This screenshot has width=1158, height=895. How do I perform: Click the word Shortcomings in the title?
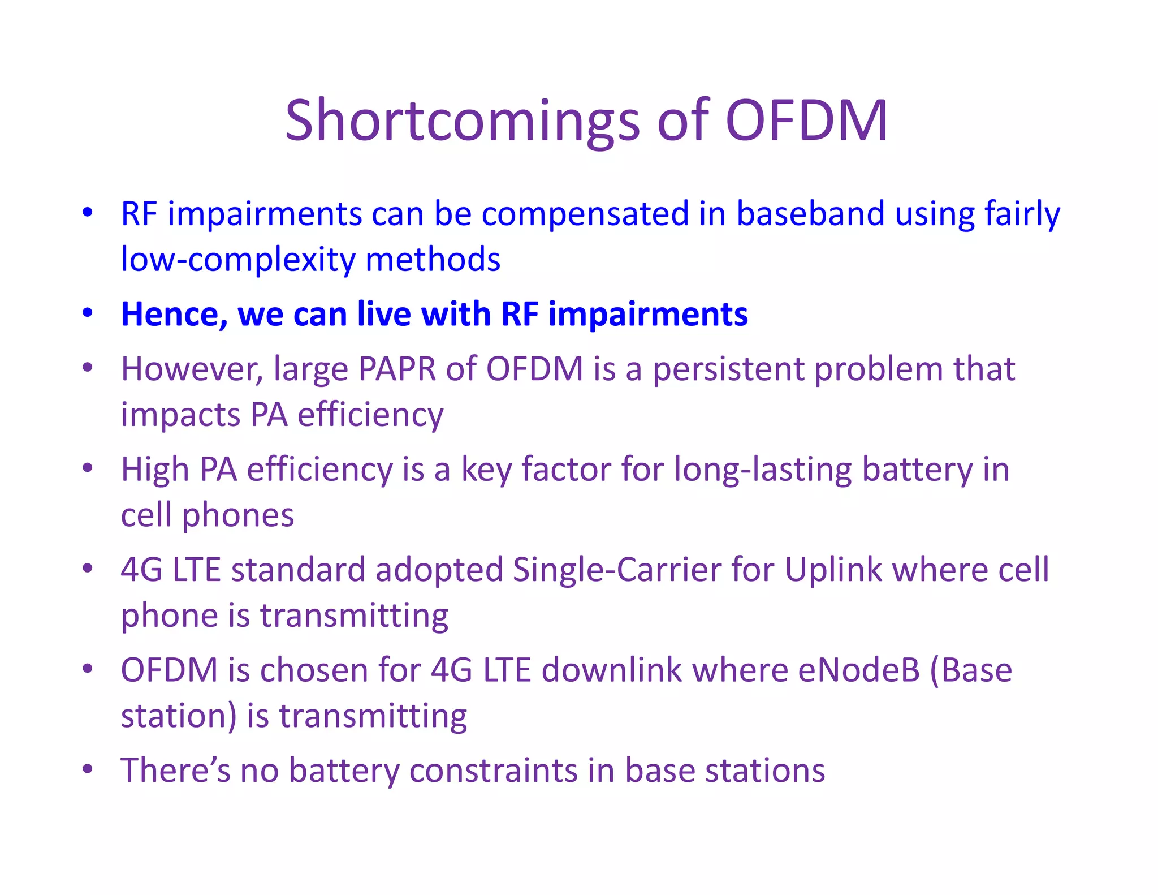click(x=463, y=121)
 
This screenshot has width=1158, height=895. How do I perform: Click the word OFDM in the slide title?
click(x=806, y=120)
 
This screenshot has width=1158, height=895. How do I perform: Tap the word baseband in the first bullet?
click(x=810, y=214)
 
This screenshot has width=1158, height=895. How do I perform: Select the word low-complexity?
click(x=238, y=260)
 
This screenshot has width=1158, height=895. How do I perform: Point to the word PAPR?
click(x=397, y=369)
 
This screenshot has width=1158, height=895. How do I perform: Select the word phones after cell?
click(x=238, y=515)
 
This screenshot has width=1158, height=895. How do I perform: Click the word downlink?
click(x=612, y=670)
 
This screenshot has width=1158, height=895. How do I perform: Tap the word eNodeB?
click(x=859, y=670)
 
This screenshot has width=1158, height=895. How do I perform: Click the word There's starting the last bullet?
click(x=175, y=771)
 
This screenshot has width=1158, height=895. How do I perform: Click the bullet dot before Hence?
click(x=87, y=313)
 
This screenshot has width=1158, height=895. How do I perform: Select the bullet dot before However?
click(x=87, y=368)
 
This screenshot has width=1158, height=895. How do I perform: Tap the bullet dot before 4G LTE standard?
click(x=87, y=568)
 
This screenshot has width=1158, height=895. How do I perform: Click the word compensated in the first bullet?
click(x=585, y=214)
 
